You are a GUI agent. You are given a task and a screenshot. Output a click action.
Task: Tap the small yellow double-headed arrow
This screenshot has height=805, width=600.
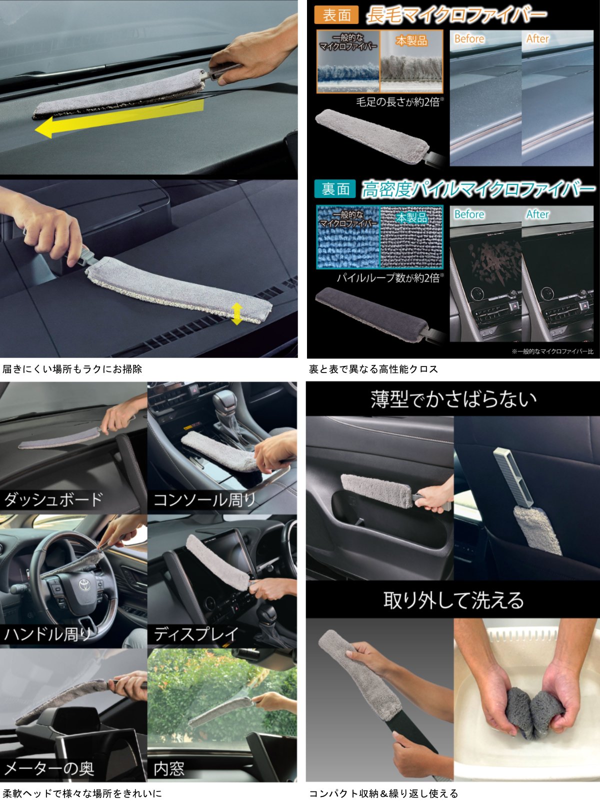[x=237, y=313]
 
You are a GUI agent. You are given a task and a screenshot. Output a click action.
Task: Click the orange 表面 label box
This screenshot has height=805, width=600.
[x=336, y=15]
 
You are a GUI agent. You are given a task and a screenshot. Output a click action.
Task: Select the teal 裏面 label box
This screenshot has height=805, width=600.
[x=335, y=189]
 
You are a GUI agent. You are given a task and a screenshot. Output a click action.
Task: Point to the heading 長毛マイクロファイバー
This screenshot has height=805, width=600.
[x=456, y=15]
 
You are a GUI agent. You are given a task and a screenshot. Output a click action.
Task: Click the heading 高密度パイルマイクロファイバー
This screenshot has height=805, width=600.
[x=478, y=189]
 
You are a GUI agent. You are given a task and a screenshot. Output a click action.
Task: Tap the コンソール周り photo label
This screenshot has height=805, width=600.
[x=205, y=499]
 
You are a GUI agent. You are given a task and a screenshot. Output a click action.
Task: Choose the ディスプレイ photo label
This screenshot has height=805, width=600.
[x=195, y=634]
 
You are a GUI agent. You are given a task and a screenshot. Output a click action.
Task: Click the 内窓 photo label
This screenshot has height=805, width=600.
[x=169, y=768]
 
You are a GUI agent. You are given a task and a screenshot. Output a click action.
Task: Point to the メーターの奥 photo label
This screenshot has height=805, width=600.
[x=49, y=768]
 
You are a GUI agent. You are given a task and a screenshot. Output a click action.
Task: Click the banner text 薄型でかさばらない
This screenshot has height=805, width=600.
[x=453, y=399]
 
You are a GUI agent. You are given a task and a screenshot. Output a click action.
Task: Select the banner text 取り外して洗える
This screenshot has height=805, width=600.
[x=453, y=600]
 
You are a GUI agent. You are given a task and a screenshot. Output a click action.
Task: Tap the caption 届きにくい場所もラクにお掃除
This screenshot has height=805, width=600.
[x=72, y=369]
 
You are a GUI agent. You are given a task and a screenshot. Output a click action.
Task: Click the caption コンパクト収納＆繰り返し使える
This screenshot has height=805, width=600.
[x=383, y=793]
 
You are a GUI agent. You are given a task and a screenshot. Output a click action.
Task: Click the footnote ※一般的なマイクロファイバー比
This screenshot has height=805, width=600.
[x=552, y=351]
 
